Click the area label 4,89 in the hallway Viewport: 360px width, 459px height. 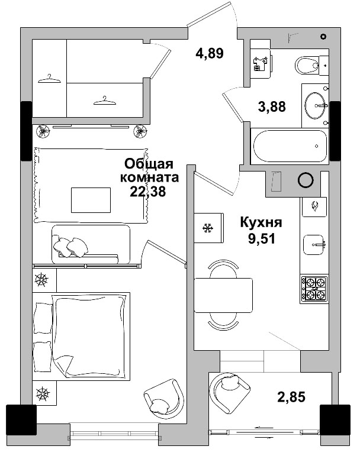click(210, 54)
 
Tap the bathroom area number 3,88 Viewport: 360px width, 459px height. click(272, 106)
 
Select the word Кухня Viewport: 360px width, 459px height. click(261, 223)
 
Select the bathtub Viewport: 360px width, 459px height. click(289, 147)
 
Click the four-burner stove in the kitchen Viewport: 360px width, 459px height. click(313, 289)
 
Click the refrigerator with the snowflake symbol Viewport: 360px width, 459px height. click(208, 228)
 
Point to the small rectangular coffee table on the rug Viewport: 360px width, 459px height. click(91, 199)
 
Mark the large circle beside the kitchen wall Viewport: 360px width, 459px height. click(306, 180)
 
